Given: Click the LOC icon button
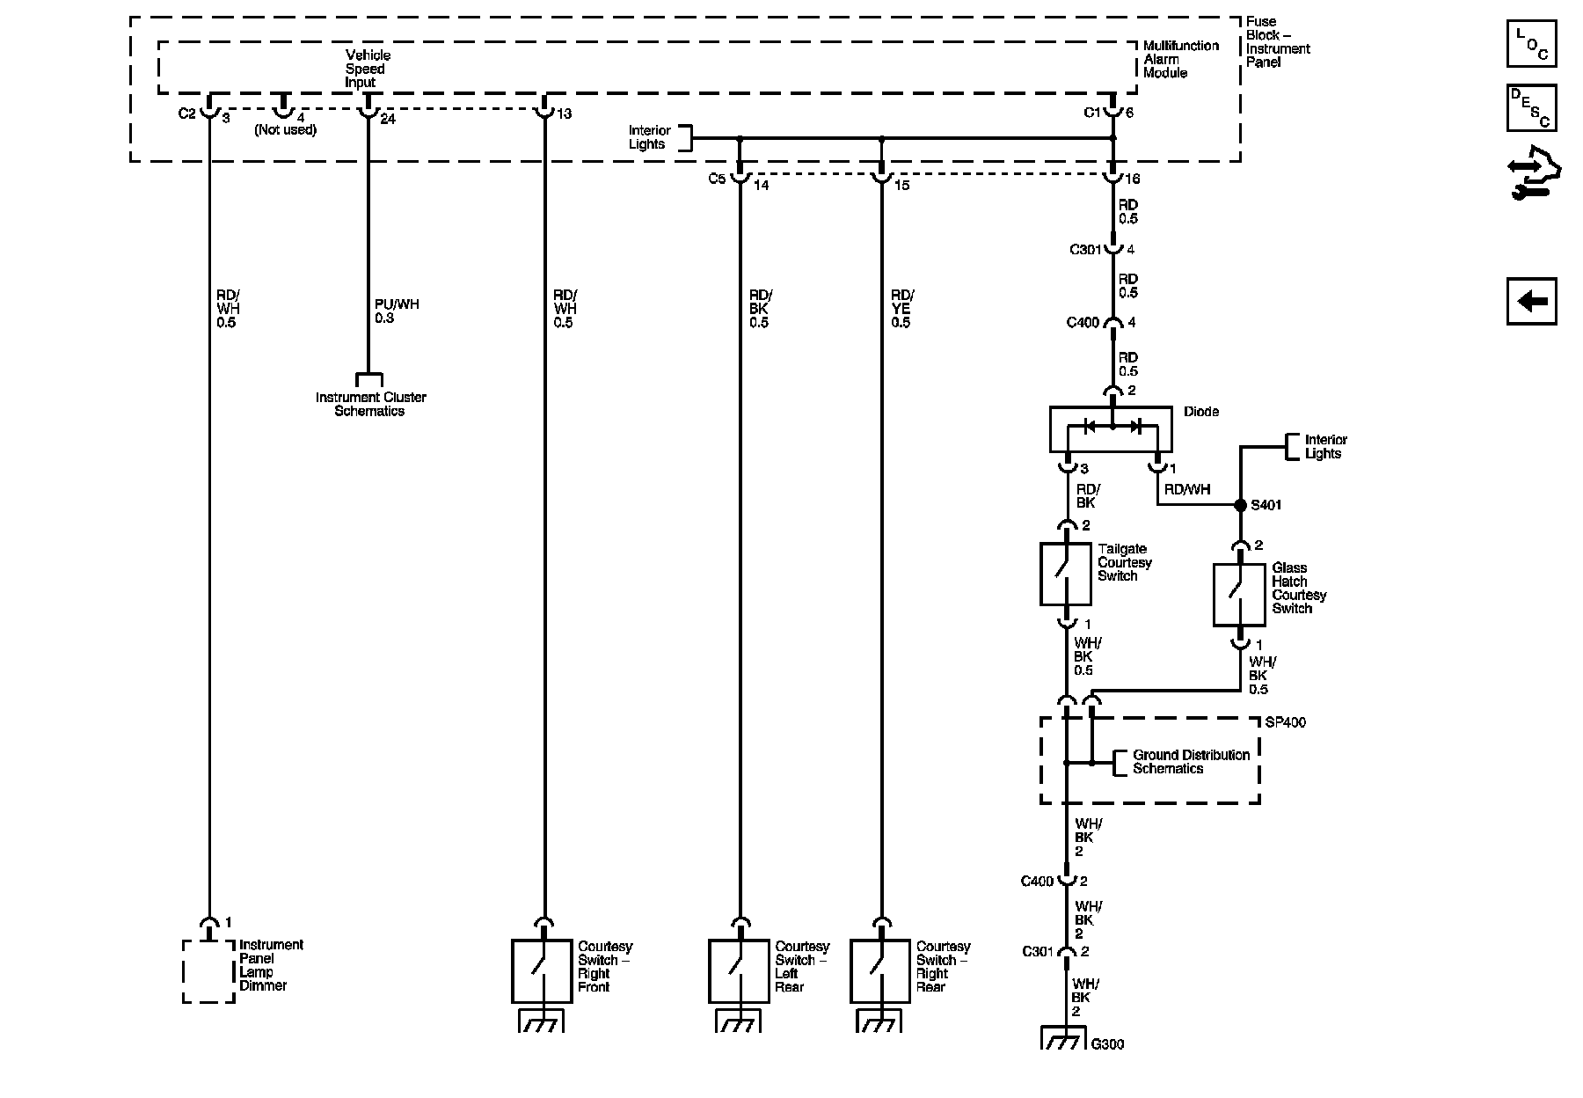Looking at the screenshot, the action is point(1531,43).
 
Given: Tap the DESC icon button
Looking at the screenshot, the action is point(1531,107).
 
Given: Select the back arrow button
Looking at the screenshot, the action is point(1531,302).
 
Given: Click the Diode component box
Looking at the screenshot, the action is point(1111,428).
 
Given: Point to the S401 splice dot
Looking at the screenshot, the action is point(1240,505).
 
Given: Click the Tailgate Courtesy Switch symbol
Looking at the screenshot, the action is point(1066,574).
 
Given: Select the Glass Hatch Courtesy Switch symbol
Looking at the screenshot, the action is point(1239,595).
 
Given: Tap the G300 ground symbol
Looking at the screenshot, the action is point(1065,1038).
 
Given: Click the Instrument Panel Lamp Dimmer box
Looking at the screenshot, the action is point(208,971).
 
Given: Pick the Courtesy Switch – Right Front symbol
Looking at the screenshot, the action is point(542,971).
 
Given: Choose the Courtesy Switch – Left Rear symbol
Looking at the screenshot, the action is point(739,971).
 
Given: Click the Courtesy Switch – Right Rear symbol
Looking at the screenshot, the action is point(880,971).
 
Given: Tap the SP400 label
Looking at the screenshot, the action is point(1285,722).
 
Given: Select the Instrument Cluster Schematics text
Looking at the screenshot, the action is point(371,404).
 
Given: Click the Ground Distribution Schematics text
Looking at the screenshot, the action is point(1191,762).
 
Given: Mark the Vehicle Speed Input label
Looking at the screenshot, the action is point(366,69).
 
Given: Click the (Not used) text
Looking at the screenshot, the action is point(286,129).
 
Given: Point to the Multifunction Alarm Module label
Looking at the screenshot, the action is point(1181,59).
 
